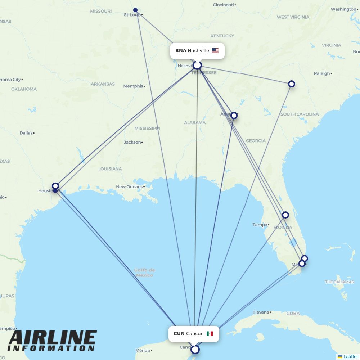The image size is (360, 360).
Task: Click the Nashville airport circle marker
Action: click(197, 65)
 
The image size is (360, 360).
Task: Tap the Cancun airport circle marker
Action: click(195, 350)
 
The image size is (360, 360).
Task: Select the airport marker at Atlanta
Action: click(234, 116)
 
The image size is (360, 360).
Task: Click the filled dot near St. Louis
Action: click(135, 10)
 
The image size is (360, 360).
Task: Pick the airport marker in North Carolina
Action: click(292, 84)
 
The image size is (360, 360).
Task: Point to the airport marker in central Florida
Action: click(285, 215)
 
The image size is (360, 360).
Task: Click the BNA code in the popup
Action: click(181, 51)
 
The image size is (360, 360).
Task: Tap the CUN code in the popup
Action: click(179, 334)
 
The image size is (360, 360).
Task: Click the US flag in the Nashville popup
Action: click(215, 51)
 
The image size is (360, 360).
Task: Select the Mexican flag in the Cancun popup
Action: click(210, 334)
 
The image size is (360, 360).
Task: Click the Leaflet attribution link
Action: click(351, 356)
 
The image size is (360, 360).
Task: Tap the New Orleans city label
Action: click(129, 187)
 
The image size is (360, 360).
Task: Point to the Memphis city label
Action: click(133, 86)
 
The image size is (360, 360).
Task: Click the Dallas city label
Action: click(26, 133)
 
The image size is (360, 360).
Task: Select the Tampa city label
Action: click(260, 225)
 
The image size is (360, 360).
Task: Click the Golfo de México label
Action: click(144, 273)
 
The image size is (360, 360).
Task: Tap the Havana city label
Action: click(261, 312)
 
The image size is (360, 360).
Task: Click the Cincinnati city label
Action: click(223, 5)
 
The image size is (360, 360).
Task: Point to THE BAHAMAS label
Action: click(339, 282)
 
